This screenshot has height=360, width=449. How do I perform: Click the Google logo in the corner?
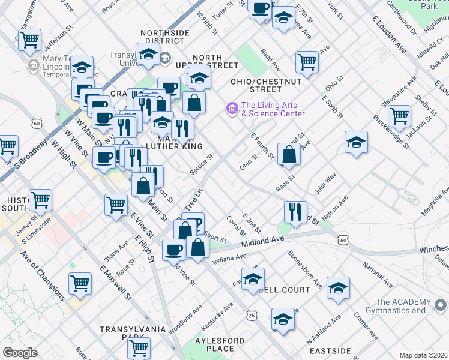pyautogui.click(x=20, y=353)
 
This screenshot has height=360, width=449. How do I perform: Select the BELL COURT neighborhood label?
pyautogui.click(x=285, y=290)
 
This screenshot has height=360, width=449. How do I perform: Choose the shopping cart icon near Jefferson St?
pyautogui.click(x=29, y=40)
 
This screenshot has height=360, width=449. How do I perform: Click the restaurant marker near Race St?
pyautogui.click(x=295, y=212)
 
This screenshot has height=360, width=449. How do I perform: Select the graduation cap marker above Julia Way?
pyautogui.click(x=356, y=142)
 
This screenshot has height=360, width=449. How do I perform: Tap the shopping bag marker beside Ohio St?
pyautogui.click(x=289, y=154)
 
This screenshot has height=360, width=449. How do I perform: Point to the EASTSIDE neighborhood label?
pyautogui.click(x=330, y=350)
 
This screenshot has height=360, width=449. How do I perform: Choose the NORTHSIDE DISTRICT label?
pyautogui.click(x=162, y=37)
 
